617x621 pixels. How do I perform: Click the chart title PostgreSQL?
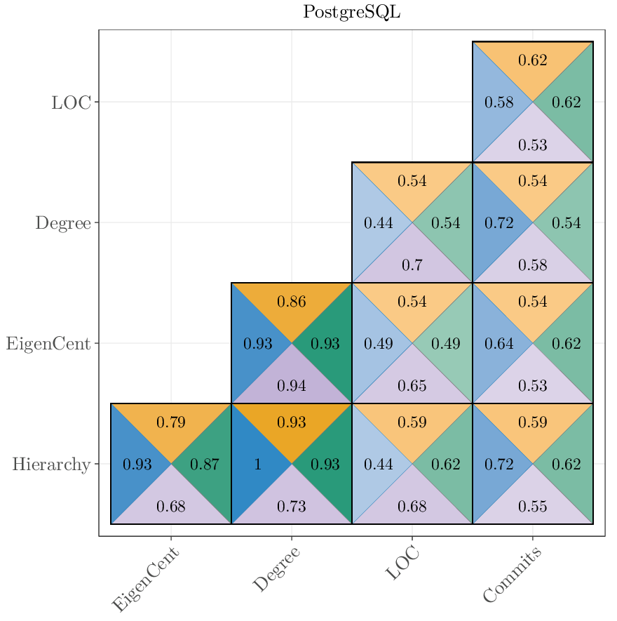tap(351, 13)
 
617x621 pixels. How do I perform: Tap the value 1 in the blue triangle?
tap(258, 465)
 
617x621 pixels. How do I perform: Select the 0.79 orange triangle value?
tap(170, 422)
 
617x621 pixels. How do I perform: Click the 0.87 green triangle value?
tap(204, 465)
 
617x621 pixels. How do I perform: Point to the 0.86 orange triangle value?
tap(291, 302)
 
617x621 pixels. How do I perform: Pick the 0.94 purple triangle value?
tap(291, 386)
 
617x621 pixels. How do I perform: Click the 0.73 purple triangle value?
tap(291, 507)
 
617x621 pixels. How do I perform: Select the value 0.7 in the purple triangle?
tap(412, 266)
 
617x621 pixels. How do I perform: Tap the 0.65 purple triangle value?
tap(412, 386)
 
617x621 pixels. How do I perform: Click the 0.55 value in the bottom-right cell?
tap(532, 507)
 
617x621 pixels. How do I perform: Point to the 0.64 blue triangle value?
tap(499, 344)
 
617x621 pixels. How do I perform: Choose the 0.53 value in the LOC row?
tap(532, 145)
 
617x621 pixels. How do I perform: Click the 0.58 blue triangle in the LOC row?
tap(499, 102)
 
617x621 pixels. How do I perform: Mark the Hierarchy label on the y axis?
tap(51, 465)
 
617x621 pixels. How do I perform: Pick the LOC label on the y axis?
tap(71, 102)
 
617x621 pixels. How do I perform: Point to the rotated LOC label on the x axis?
tap(402, 564)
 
